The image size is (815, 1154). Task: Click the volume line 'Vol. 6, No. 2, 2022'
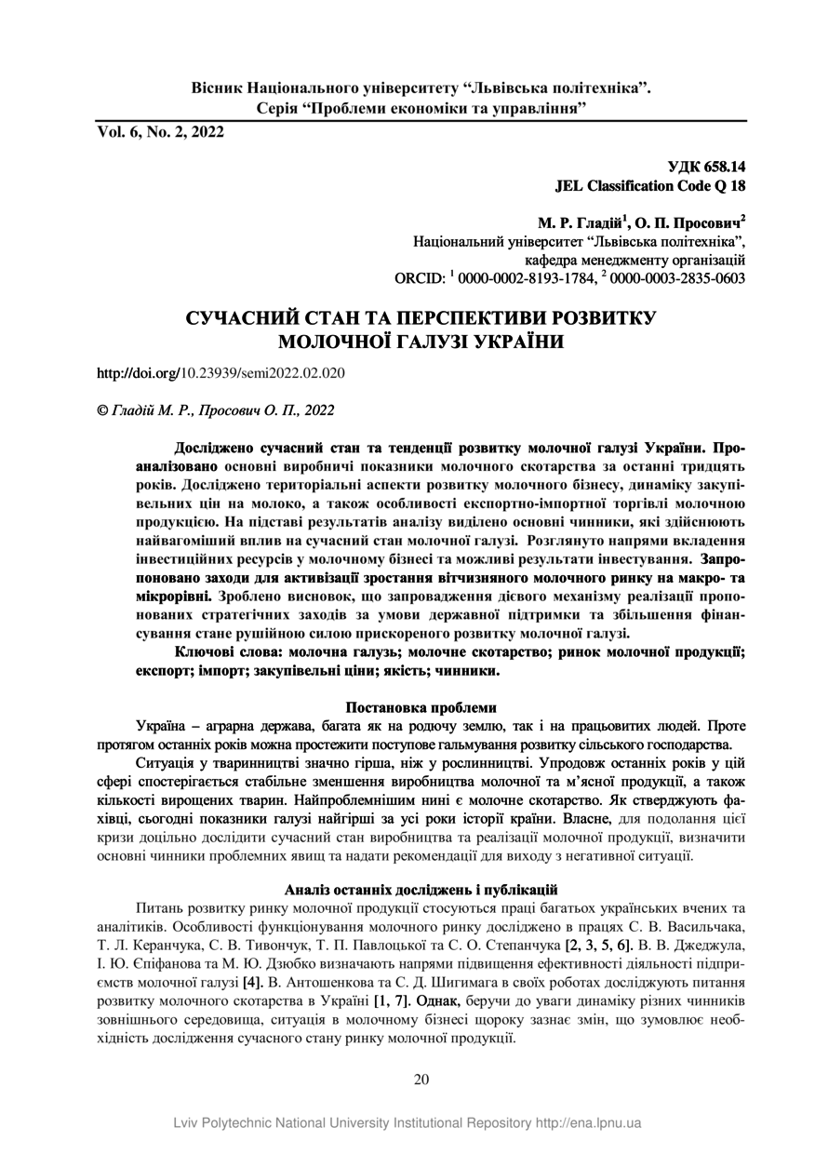pos(161,132)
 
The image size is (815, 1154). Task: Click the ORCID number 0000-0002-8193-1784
pos(528,278)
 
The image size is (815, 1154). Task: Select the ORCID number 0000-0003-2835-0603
pos(679,278)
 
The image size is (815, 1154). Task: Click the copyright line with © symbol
pos(216,409)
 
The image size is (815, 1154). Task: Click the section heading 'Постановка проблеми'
pos(421,707)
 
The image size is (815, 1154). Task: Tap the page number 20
pos(421,1080)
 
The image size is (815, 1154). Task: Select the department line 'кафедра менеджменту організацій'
pos(635,260)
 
